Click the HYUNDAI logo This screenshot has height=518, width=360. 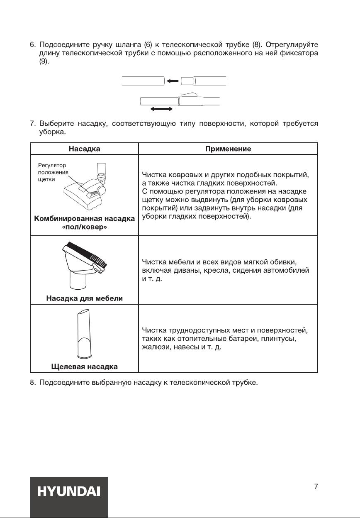[68, 492]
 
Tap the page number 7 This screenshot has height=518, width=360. [316, 487]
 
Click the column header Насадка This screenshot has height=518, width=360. [85, 149]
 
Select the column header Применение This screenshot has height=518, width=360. [228, 149]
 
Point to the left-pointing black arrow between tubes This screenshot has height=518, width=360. [172, 81]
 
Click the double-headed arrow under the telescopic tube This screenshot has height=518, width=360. [161, 108]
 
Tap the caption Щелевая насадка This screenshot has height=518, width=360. [84, 367]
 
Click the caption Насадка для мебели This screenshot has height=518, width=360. [84, 298]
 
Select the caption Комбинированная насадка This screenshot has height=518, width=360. [85, 219]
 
